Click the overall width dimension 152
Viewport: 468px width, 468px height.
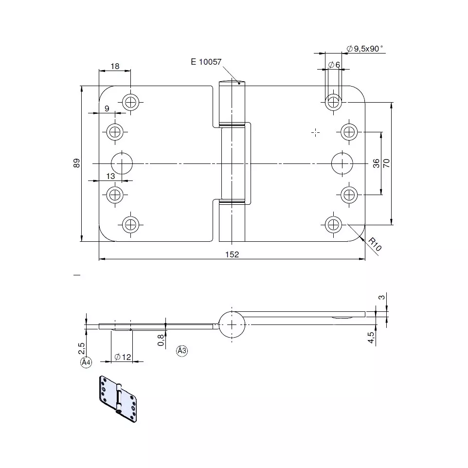coord(232,254)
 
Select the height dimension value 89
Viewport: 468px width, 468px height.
coord(77,163)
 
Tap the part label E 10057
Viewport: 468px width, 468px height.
coord(206,62)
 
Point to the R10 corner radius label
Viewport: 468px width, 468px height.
coord(375,244)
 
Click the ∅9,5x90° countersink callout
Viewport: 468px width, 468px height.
coord(364,48)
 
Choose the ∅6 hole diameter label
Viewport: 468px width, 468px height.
coord(334,65)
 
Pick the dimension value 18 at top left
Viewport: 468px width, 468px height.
coord(115,66)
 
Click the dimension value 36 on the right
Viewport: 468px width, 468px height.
coord(376,163)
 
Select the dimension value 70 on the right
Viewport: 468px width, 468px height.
coord(386,163)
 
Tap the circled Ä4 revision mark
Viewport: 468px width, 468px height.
coord(86,362)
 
